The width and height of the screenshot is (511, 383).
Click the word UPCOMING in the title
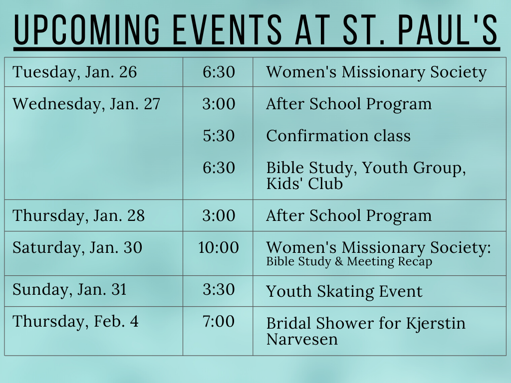tap(87, 29)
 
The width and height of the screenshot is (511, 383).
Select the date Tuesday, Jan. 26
tap(75, 72)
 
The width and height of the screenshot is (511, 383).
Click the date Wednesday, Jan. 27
tap(86, 104)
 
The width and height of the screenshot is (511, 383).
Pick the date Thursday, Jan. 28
tap(78, 215)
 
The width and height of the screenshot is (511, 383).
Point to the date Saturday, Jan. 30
tap(77, 247)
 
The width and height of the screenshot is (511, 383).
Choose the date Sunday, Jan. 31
tap(69, 290)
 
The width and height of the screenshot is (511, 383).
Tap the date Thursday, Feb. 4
tap(76, 322)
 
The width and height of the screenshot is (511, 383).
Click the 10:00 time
tap(219, 247)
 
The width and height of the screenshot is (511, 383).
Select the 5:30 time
tap(219, 136)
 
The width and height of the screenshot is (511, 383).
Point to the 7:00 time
tap(219, 321)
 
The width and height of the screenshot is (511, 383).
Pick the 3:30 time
tap(219, 289)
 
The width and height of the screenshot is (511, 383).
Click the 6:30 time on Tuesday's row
tap(219, 72)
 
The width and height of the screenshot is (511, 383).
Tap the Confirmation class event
tap(338, 136)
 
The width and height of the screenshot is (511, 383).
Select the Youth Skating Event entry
tap(344, 291)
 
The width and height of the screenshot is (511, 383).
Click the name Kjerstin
tap(436, 324)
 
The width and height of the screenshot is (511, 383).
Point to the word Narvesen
tap(302, 339)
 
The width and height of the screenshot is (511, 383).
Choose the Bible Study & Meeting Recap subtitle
tap(349, 261)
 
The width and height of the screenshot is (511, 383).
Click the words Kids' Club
tap(304, 183)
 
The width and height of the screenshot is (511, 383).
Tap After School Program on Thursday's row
tap(349, 215)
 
